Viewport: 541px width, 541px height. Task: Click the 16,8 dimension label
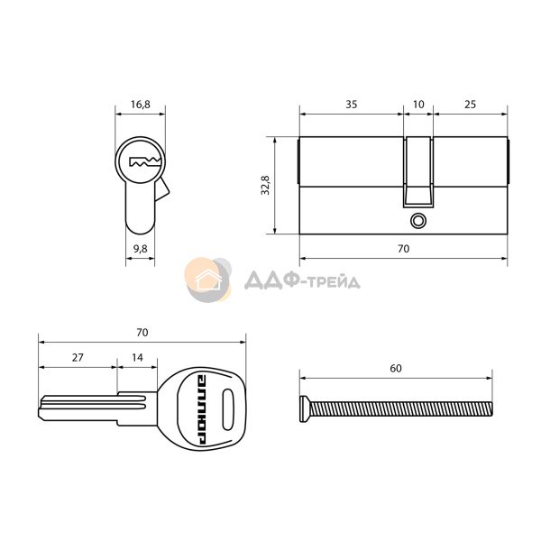click(x=140, y=105)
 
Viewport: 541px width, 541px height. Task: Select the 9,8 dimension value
click(x=140, y=249)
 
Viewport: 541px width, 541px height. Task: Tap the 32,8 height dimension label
click(x=265, y=185)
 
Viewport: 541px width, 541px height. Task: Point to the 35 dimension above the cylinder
click(x=352, y=105)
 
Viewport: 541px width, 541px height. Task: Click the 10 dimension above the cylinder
click(x=418, y=105)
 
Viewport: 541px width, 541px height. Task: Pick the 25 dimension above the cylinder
click(x=470, y=105)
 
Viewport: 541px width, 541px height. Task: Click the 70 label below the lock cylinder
click(x=403, y=249)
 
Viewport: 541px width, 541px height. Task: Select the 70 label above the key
click(x=142, y=332)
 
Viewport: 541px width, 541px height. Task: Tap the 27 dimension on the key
click(x=78, y=357)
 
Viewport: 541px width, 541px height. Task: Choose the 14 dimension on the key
click(x=137, y=357)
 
